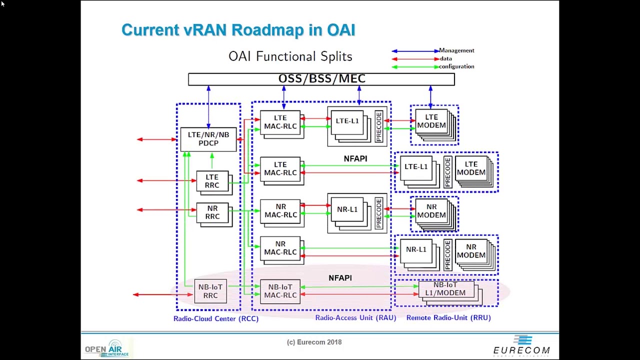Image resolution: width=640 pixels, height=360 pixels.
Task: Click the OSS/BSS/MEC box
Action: pyautogui.click(x=321, y=79)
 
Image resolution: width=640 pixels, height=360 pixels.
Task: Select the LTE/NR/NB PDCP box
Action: pyautogui.click(x=208, y=139)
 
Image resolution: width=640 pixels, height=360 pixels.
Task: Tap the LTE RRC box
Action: pyautogui.click(x=212, y=181)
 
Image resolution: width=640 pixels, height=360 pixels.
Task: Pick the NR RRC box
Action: pyautogui.click(x=212, y=212)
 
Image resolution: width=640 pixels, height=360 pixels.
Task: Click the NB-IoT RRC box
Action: pyautogui.click(x=210, y=291)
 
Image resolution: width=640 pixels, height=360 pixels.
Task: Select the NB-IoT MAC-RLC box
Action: pyautogui.click(x=280, y=291)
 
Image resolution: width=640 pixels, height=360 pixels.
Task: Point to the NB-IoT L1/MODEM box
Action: pyautogui.click(x=445, y=289)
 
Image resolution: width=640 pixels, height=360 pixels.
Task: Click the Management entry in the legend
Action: pyautogui.click(x=456, y=50)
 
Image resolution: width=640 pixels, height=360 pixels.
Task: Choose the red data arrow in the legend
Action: pyautogui.click(x=415, y=59)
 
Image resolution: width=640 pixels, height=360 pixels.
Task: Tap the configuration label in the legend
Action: pyautogui.click(x=456, y=66)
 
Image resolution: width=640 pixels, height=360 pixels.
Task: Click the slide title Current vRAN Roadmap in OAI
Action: pyautogui.click(x=238, y=30)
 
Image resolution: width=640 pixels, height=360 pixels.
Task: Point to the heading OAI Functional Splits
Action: pyautogui.click(x=290, y=56)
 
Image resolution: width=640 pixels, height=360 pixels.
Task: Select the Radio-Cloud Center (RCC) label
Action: pyautogui.click(x=216, y=318)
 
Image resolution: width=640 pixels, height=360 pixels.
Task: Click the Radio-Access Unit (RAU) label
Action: pyautogui.click(x=355, y=317)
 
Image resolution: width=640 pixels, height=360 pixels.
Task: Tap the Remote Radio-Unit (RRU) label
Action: pyautogui.click(x=448, y=317)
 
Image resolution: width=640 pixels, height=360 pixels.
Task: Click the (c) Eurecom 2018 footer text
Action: pyautogui.click(x=314, y=342)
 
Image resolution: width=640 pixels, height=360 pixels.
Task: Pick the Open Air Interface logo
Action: pyautogui.click(x=107, y=348)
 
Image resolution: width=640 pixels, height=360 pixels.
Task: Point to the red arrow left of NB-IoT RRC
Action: pyautogui.click(x=163, y=294)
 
